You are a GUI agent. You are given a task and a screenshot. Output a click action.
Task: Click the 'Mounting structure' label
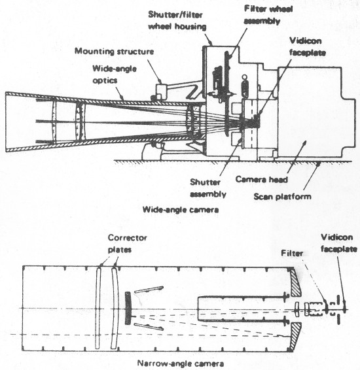coord(114,51)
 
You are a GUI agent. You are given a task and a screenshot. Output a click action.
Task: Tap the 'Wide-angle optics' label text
coord(115,75)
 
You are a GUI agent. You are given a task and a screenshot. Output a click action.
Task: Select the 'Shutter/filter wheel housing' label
coord(177,20)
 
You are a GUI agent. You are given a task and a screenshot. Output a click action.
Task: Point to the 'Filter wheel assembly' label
coord(268,15)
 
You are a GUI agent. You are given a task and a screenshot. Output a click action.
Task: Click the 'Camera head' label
coord(262,179)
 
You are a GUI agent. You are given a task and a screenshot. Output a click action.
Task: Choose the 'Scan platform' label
coord(282,196)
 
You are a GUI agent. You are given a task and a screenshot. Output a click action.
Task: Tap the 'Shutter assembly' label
coord(208,188)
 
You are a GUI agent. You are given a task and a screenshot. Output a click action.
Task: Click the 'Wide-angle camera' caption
coord(181,210)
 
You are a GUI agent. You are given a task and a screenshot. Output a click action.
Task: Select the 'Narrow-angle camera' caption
coord(181,363)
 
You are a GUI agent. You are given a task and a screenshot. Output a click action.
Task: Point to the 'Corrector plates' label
coord(128,244)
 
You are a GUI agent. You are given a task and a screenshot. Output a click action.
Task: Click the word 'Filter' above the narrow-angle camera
coord(292,253)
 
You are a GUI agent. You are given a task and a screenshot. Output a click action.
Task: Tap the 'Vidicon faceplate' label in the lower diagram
coord(339,243)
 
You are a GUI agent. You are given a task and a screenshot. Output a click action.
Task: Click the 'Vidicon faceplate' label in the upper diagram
coord(308,46)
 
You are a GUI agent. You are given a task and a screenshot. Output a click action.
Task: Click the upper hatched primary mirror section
coord(296,283)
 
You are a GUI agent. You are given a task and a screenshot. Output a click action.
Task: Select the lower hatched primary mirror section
coord(296,335)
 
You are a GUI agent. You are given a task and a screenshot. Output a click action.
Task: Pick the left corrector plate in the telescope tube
coord(98,308)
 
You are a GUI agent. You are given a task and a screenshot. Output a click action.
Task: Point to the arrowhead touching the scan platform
coord(318,164)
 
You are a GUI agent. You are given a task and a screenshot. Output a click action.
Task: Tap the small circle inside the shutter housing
coord(245,77)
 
